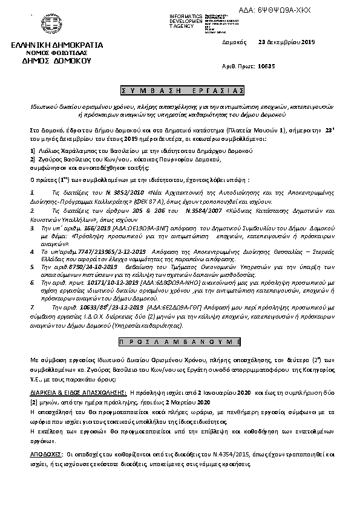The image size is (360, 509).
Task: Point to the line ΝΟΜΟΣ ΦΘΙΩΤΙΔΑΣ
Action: pyautogui.click(x=57, y=53)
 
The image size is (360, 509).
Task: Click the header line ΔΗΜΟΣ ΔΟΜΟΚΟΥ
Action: pyautogui.click(x=56, y=61)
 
